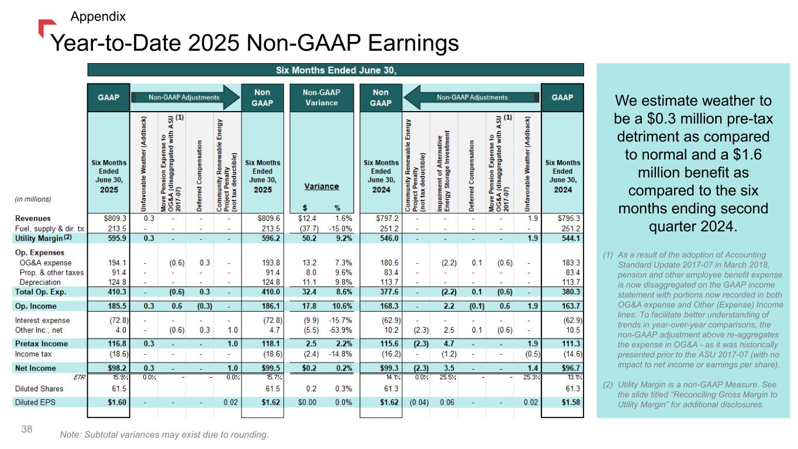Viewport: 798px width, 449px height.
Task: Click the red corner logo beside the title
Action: pos(46,28)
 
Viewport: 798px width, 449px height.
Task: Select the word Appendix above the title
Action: pos(98,16)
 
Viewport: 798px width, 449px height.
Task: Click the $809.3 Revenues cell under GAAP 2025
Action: pos(115,218)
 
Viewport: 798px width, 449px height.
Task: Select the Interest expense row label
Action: pos(42,320)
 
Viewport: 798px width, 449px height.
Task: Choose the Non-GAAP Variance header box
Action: pos(321,98)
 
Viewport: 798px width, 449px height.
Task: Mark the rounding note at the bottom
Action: pos(164,435)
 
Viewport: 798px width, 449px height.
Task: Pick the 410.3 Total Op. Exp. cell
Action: pos(118,291)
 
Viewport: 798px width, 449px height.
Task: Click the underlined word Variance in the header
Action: pos(322,186)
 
